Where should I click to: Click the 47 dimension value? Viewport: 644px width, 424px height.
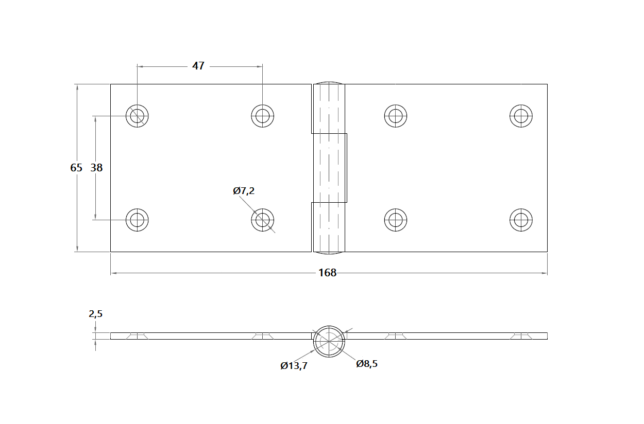coord(198,66)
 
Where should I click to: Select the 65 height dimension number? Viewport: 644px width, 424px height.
coord(76,168)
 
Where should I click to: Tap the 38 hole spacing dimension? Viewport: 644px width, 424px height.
coord(96,168)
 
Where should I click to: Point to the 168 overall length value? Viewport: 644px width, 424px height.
coord(327,273)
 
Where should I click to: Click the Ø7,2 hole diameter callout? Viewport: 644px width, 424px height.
coord(244,191)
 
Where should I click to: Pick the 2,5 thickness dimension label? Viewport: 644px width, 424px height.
coord(96,314)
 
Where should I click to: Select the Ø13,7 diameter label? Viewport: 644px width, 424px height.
coord(294,366)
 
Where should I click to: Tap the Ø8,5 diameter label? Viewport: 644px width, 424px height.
coord(367,364)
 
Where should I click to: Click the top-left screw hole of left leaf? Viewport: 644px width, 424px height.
coord(137,115)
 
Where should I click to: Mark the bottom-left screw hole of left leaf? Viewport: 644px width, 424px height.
coord(137,220)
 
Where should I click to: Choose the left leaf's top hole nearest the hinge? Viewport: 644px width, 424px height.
coord(263,115)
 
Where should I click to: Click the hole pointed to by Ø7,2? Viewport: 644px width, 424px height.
coord(263,220)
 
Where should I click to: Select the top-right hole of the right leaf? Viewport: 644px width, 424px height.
coord(521,115)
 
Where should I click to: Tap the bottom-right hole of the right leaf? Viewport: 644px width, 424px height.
coord(521,220)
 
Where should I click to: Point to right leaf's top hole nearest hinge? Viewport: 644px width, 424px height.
coord(396,115)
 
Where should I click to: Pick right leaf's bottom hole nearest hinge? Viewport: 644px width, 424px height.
coord(396,220)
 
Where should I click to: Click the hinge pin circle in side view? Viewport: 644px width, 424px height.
coord(328,341)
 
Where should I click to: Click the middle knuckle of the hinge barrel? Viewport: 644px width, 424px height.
coord(330,168)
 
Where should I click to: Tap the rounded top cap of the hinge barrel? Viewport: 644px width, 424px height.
coord(329,83)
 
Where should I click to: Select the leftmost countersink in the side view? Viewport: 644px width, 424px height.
coord(137,336)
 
